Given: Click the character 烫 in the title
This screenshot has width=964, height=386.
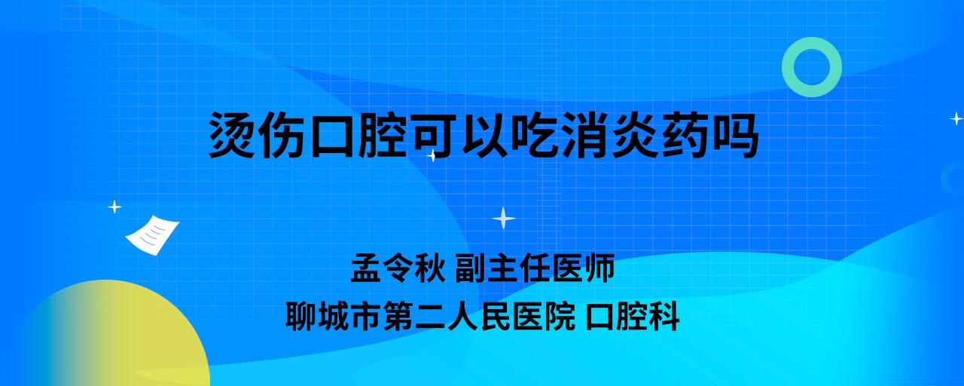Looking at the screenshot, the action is [233, 135].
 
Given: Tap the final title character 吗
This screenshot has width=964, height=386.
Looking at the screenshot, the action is [735, 135].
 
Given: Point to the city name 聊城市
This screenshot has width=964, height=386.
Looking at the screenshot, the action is [332, 317].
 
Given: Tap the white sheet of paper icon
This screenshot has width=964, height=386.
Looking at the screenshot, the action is [152, 235].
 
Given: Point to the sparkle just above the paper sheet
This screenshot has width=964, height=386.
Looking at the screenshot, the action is [114, 207].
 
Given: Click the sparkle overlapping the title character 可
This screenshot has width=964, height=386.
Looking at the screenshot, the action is [432, 155].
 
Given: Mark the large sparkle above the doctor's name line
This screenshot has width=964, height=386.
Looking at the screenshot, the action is [504, 219].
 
